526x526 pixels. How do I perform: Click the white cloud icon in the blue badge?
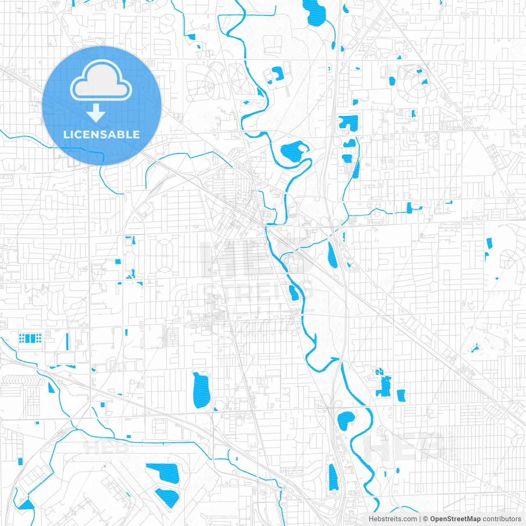(101, 81)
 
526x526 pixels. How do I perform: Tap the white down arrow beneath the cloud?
(96, 113)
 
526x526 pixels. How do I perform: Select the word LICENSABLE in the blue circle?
(102, 134)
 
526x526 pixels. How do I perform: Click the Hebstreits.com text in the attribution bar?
(392, 519)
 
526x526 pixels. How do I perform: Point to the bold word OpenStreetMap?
(455, 519)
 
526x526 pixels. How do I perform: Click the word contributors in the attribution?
(502, 519)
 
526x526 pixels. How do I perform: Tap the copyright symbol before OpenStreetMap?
(426, 519)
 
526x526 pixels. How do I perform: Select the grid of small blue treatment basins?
(30, 339)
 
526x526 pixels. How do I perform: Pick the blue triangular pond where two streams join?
(27, 504)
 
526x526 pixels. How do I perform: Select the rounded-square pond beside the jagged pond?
(401, 395)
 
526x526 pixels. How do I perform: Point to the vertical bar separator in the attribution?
(420, 519)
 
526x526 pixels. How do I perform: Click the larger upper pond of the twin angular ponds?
(162, 472)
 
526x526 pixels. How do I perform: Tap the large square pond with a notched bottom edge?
(348, 122)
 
